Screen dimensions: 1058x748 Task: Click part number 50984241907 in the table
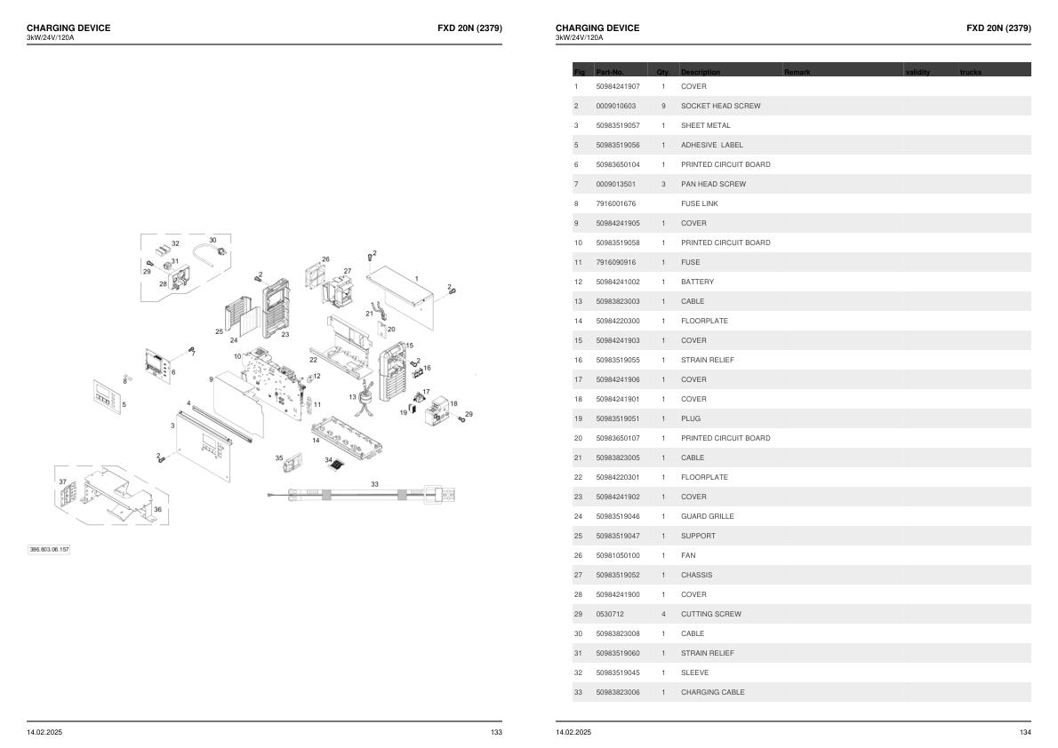tap(617, 86)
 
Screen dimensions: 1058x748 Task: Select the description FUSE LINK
tap(699, 203)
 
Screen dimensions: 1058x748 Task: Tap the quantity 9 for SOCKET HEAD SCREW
tap(663, 106)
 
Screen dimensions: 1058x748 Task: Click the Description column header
tap(701, 72)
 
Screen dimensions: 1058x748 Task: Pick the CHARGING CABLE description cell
tap(712, 692)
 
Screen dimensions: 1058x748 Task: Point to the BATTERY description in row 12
tap(697, 282)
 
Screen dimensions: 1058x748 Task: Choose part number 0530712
tap(609, 615)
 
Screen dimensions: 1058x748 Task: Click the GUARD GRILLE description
tap(707, 517)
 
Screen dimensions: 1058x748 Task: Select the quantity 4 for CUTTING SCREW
tap(663, 615)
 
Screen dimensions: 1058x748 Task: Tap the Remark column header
tap(797, 72)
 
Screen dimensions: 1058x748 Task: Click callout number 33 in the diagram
tap(374, 484)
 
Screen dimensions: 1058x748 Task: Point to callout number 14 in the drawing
tap(315, 441)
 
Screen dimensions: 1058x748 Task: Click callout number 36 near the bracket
tap(157, 509)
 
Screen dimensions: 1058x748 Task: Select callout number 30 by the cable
tap(212, 240)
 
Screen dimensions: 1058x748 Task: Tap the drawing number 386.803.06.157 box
tap(49, 550)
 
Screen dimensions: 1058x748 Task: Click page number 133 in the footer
tap(496, 733)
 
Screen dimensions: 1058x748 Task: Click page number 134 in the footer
tap(1025, 733)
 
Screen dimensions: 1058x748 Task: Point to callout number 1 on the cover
tap(416, 279)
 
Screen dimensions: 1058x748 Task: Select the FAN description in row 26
tap(688, 556)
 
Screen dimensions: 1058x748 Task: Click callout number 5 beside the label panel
tap(124, 405)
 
